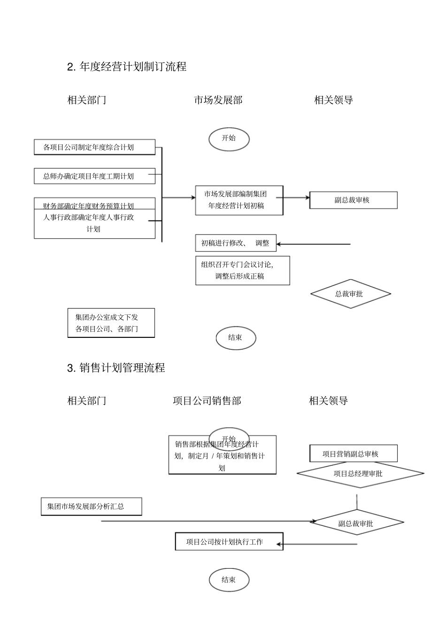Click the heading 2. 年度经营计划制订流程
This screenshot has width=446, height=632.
127,67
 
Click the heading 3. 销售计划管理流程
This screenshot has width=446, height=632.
116,368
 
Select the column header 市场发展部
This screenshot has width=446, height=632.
218,100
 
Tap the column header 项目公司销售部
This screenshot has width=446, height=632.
207,401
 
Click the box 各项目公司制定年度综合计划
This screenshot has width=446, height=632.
94,147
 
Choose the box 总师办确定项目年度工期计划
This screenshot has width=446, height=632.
94,176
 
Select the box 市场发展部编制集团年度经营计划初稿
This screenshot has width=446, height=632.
239,200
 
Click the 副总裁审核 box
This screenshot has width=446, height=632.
353,200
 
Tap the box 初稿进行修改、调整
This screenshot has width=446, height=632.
236,243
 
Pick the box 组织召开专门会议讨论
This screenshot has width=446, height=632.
242,270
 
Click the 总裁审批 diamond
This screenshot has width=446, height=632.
350,294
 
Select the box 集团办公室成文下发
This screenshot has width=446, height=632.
111,323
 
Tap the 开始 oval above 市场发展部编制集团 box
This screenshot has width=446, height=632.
229,139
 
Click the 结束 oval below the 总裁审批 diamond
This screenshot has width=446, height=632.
236,338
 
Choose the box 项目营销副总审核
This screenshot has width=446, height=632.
353,453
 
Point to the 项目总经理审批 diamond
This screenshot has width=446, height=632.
360,474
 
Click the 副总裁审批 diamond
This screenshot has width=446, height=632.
357,523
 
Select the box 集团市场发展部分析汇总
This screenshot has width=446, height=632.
91,507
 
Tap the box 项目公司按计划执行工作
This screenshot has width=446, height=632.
229,541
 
